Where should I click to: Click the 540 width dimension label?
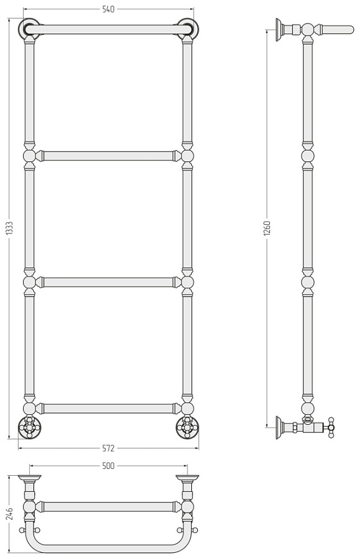(x=109, y=9)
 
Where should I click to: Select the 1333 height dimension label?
(x=10, y=229)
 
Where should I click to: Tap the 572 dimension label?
(x=109, y=448)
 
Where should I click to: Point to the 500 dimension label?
(x=109, y=466)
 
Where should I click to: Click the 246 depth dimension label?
(x=10, y=514)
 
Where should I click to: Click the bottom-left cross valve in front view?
(x=29, y=426)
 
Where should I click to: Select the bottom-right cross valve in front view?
(x=187, y=426)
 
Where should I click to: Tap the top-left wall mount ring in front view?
(x=29, y=28)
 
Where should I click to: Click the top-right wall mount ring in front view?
(x=188, y=28)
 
